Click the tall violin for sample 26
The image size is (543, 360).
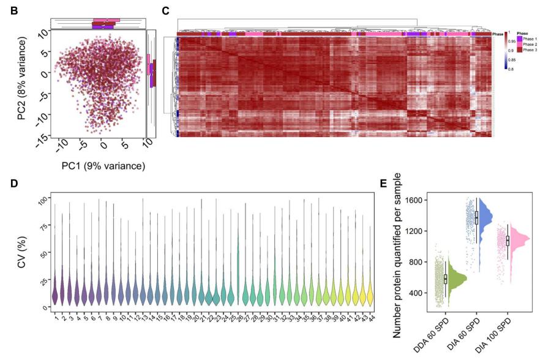238,269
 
